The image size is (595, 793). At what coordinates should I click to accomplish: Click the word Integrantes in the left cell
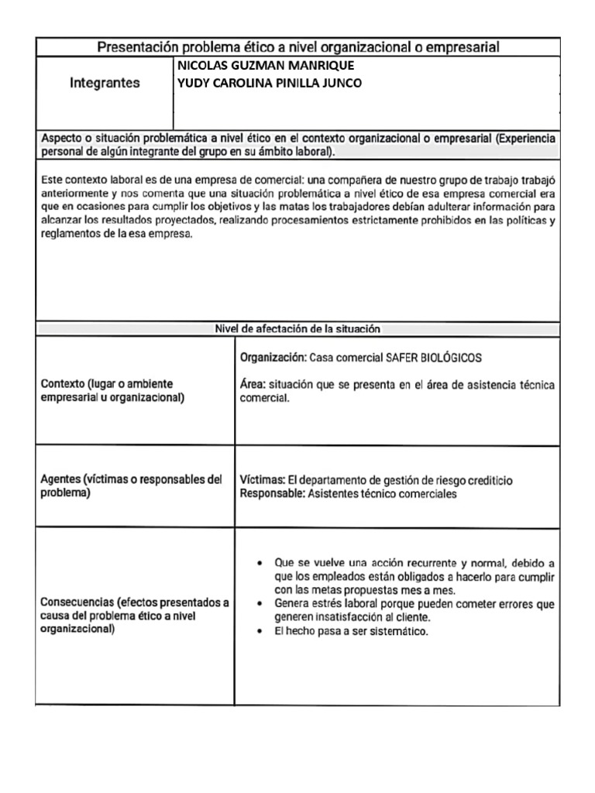coord(105,82)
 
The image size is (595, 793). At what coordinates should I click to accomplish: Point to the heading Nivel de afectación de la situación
coord(297,328)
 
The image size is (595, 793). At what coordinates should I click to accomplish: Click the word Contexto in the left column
coord(62,384)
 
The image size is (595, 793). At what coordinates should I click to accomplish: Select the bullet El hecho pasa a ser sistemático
coord(352,631)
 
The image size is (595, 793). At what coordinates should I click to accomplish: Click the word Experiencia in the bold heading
coord(525,138)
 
